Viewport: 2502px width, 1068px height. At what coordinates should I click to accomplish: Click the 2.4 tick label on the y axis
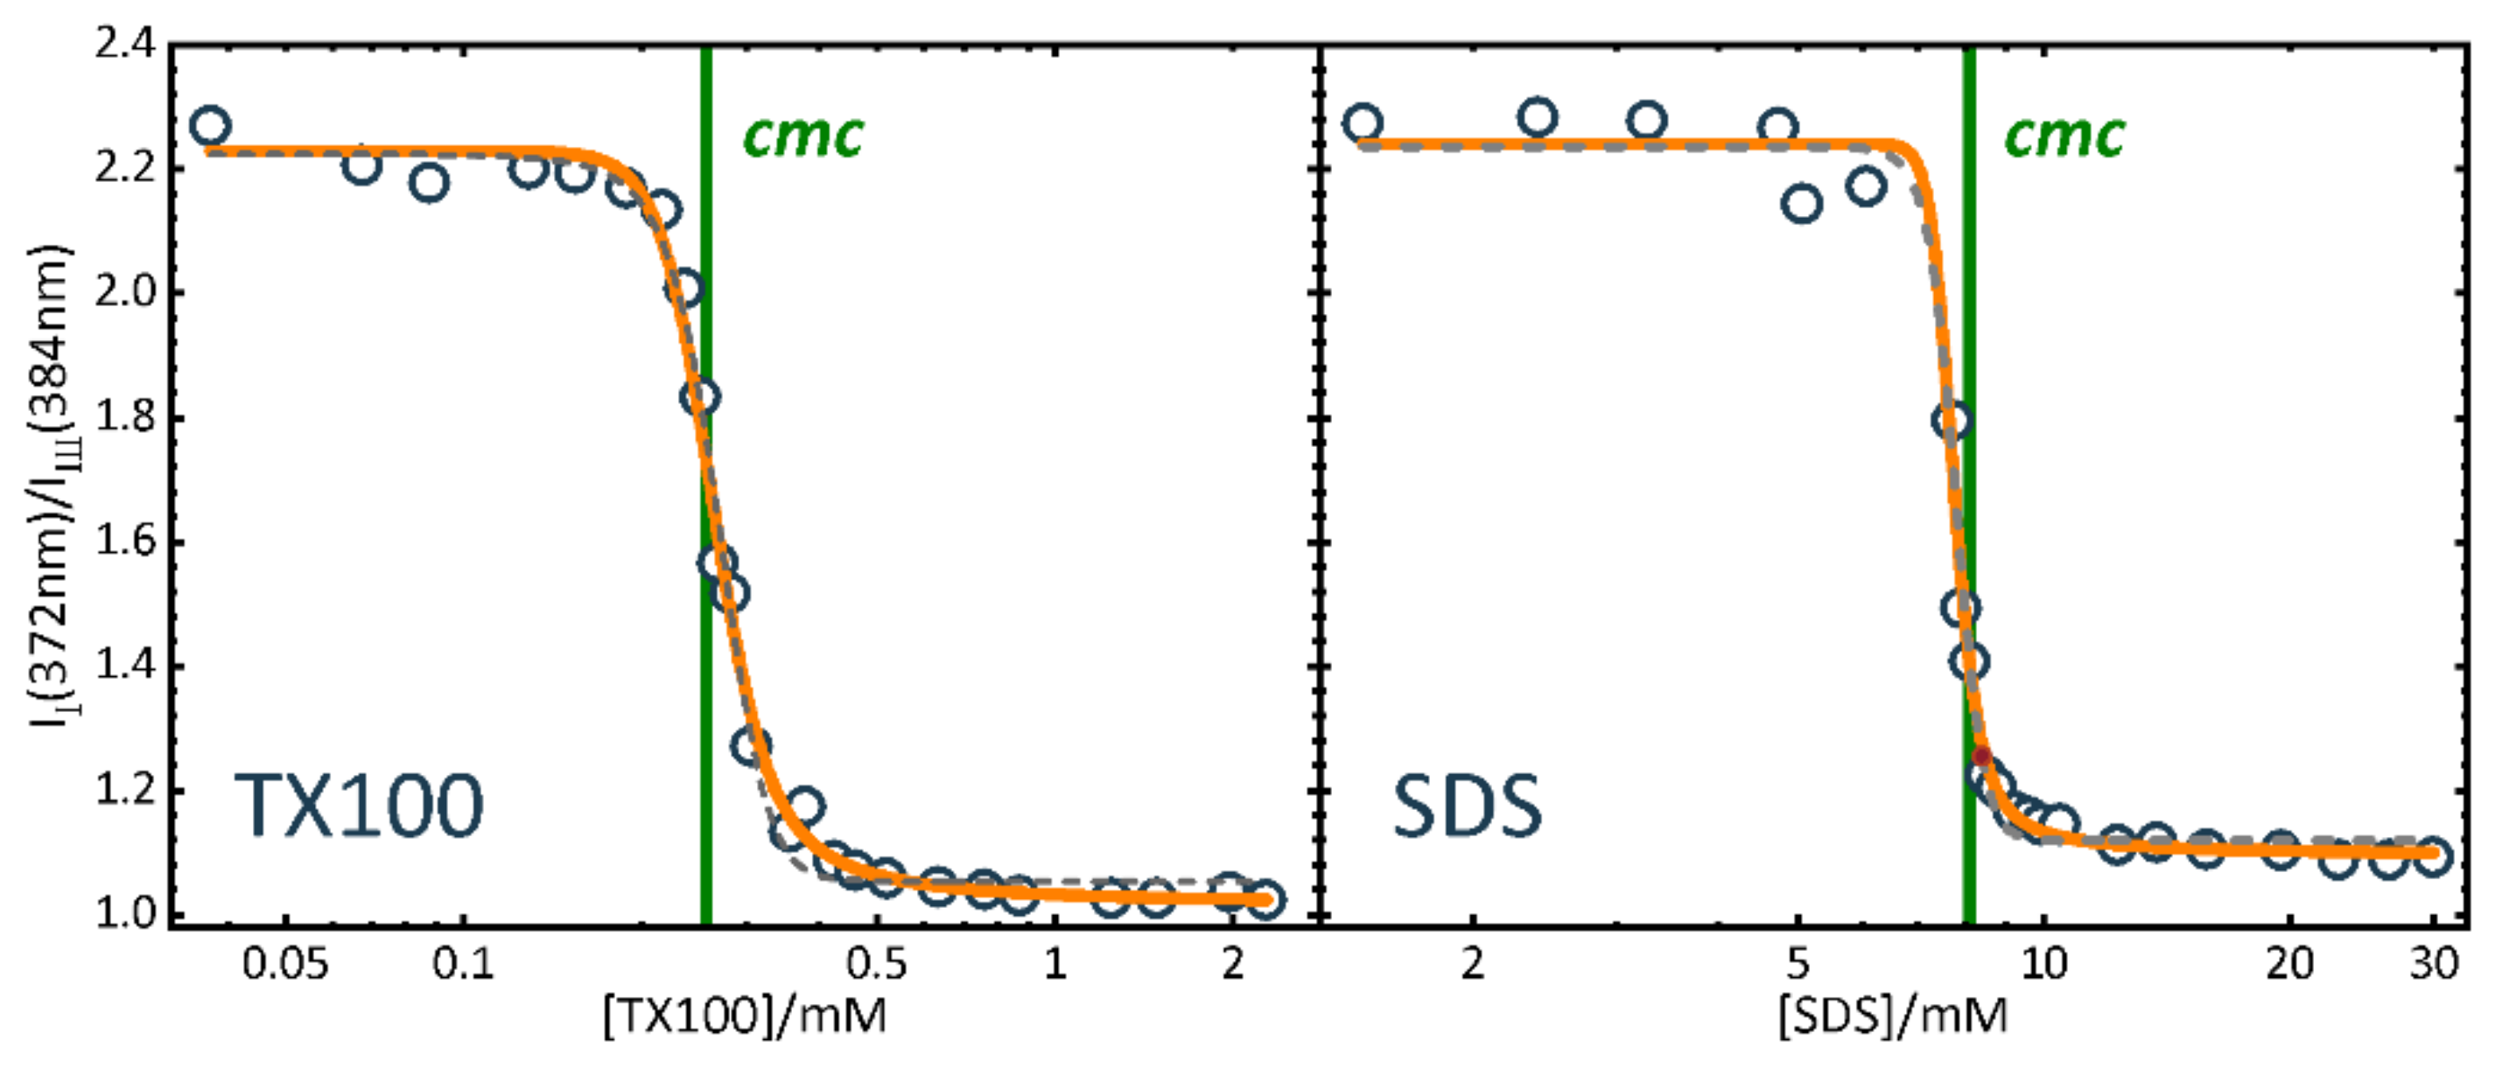click(x=124, y=45)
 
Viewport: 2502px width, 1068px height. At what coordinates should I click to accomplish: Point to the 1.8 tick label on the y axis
click(x=124, y=417)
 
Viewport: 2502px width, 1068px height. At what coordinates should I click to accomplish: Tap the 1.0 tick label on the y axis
click(x=124, y=915)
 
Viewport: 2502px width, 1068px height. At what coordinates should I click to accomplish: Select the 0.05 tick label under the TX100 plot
click(x=284, y=964)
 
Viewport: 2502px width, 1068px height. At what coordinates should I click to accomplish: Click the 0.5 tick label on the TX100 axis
click(x=876, y=964)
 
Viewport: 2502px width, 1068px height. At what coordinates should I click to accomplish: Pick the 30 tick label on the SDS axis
click(x=2434, y=964)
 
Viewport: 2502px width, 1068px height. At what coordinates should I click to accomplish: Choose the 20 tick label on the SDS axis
click(x=2290, y=964)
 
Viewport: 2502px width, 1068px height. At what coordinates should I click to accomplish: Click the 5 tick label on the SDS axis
click(x=1798, y=964)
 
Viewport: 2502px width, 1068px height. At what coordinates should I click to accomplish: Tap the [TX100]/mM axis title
click(x=745, y=1016)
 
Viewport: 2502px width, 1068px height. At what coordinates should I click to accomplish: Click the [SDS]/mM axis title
click(x=1893, y=1016)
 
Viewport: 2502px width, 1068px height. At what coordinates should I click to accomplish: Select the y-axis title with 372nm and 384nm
click(x=51, y=485)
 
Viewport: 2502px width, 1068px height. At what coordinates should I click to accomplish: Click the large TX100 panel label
click(x=359, y=806)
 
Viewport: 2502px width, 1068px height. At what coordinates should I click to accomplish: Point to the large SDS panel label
click(x=1466, y=806)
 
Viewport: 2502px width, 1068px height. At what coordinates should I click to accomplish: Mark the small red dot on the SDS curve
click(x=1981, y=757)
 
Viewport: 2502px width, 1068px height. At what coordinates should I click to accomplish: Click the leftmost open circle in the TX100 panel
click(x=210, y=126)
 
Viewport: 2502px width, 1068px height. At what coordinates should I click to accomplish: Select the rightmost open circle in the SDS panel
click(x=2432, y=856)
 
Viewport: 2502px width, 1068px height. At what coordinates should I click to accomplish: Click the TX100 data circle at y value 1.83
click(x=699, y=396)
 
